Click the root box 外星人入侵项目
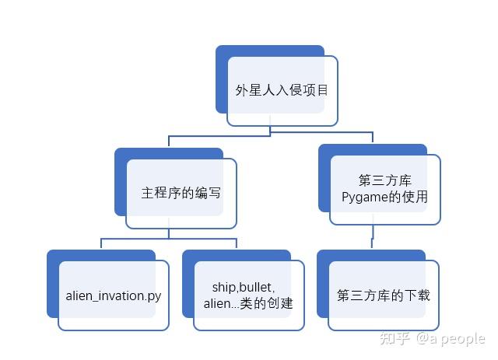point(282,90)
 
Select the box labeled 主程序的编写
point(181,194)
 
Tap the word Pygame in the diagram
point(364,197)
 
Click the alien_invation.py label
point(113,295)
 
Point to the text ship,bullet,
point(244,288)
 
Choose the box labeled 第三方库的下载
point(384,295)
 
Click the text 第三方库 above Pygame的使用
point(384,181)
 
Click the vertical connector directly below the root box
point(270,131)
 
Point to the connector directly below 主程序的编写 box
point(170,233)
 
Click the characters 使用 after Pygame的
point(416,197)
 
